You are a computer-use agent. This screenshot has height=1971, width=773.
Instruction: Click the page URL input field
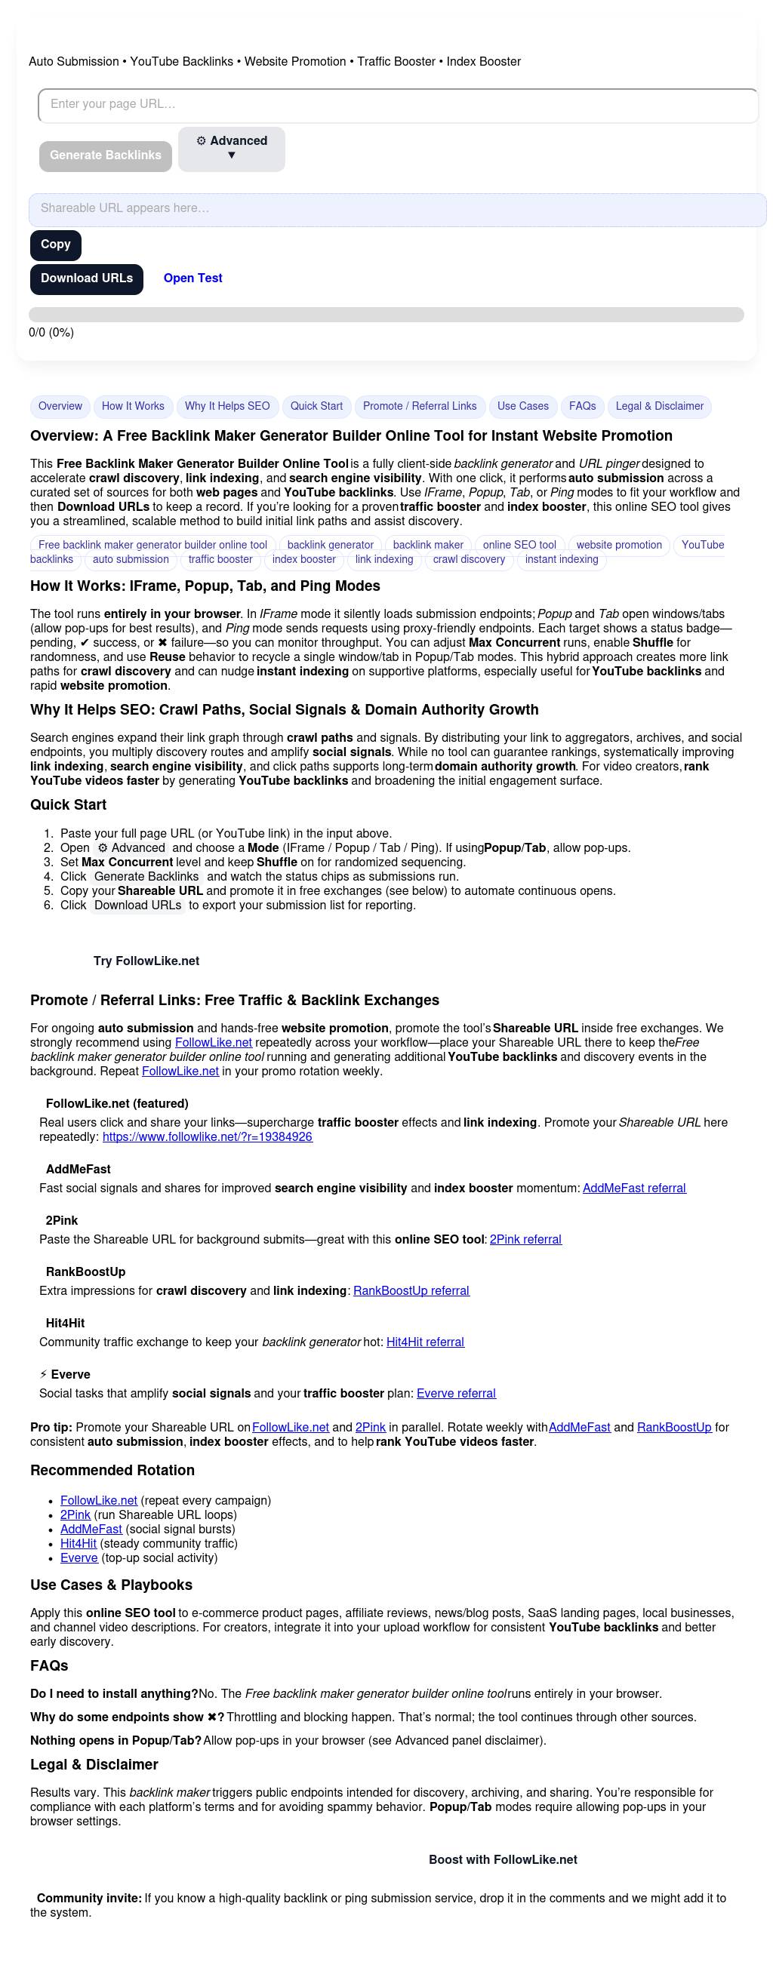(398, 105)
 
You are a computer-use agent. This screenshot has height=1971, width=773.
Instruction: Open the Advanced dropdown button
(231, 149)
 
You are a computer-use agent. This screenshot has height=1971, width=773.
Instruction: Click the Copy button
(55, 244)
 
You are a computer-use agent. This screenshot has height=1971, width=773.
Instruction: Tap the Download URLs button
(87, 278)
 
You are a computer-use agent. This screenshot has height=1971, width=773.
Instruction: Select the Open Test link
(192, 278)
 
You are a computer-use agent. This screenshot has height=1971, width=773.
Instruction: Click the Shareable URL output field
(397, 209)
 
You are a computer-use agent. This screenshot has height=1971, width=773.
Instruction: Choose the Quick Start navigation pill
(316, 406)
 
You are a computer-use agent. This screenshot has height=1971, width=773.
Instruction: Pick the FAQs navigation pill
(582, 406)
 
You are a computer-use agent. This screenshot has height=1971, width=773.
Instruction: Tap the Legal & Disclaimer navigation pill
(659, 406)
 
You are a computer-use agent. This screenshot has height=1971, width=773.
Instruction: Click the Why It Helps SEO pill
(227, 406)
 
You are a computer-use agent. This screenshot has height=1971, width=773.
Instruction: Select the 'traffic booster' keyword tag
(220, 559)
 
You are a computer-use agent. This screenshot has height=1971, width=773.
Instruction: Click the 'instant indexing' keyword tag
(561, 559)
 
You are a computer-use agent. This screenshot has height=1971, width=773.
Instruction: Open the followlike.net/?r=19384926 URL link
(208, 1137)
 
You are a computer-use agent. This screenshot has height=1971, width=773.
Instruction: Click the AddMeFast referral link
(633, 1188)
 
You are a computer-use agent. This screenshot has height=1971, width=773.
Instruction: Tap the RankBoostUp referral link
(411, 1291)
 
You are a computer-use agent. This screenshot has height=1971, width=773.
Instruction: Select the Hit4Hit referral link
(425, 1342)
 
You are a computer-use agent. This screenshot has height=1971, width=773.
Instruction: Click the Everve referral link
(456, 1393)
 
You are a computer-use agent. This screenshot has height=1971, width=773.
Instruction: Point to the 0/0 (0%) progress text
(51, 333)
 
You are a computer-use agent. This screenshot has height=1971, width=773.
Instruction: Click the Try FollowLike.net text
(146, 961)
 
